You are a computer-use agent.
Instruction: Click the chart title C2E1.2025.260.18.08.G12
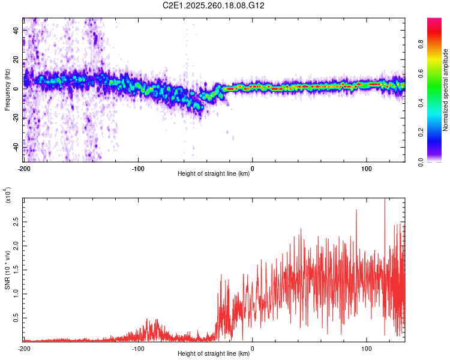(x=214, y=5)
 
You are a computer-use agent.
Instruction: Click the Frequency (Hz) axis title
(x=7, y=89)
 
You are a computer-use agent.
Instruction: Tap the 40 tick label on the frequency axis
(x=16, y=30)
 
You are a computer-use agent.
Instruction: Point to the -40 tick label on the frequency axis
(x=15, y=147)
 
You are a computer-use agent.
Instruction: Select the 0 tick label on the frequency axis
(x=19, y=89)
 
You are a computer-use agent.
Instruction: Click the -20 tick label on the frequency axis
(x=15, y=118)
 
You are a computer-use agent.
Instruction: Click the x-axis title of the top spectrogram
(x=214, y=174)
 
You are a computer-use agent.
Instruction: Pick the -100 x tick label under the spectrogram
(x=138, y=168)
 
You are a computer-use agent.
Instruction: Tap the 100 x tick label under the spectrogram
(x=367, y=168)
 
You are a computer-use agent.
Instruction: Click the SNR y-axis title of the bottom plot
(x=8, y=270)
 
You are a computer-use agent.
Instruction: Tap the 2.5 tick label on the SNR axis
(x=16, y=222)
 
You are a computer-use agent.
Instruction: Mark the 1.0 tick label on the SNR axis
(x=16, y=294)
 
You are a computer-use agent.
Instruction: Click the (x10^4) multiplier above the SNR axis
(x=8, y=195)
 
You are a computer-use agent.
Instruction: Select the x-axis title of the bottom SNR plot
(x=214, y=354)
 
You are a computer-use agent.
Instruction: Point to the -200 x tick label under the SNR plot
(x=24, y=348)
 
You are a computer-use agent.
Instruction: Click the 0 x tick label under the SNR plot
(x=252, y=348)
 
